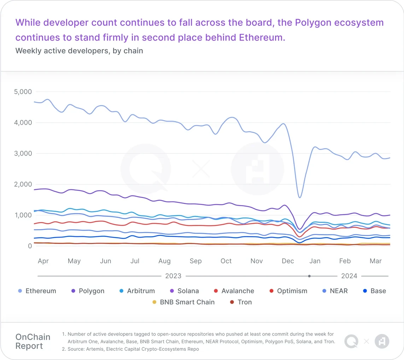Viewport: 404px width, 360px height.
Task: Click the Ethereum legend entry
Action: click(37, 291)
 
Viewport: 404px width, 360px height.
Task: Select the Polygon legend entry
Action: click(88, 291)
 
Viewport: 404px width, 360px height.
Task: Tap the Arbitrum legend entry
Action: click(137, 291)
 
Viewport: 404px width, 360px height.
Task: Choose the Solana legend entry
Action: click(185, 291)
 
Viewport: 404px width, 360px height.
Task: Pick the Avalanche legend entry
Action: click(234, 291)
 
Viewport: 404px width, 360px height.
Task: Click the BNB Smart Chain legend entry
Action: click(183, 302)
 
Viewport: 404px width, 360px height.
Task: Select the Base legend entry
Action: click(375, 291)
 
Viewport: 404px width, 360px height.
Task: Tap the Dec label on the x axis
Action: click(288, 261)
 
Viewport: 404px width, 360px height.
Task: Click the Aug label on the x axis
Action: click(164, 261)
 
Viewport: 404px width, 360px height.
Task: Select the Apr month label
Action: click(43, 261)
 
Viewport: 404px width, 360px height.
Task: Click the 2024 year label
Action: click(349, 276)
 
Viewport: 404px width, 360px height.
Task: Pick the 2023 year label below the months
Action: click(173, 276)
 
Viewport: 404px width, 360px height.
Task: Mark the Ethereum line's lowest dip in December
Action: click(300, 197)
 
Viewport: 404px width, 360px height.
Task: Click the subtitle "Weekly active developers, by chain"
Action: click(79, 51)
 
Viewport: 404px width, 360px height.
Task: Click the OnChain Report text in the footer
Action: click(33, 341)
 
